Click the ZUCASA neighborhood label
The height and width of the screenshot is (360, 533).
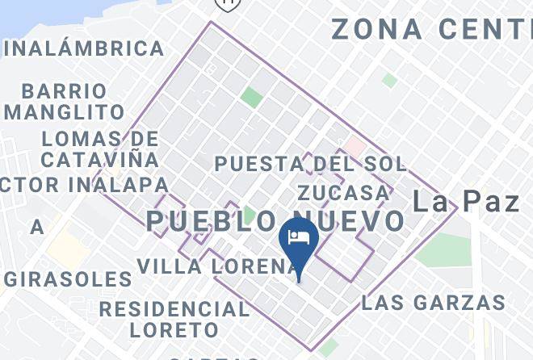click(343, 192)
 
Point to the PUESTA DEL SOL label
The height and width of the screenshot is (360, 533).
click(309, 164)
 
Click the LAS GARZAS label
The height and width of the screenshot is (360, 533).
click(433, 303)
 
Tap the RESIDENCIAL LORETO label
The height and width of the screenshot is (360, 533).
click(174, 320)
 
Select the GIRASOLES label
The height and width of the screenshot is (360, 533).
click(68, 279)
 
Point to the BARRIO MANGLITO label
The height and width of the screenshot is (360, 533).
click(65, 101)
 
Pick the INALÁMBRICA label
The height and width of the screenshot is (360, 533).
click(84, 48)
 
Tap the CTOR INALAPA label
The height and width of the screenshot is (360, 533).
click(84, 185)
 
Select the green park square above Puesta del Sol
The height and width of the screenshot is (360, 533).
click(251, 98)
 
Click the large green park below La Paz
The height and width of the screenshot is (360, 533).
click(445, 250)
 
